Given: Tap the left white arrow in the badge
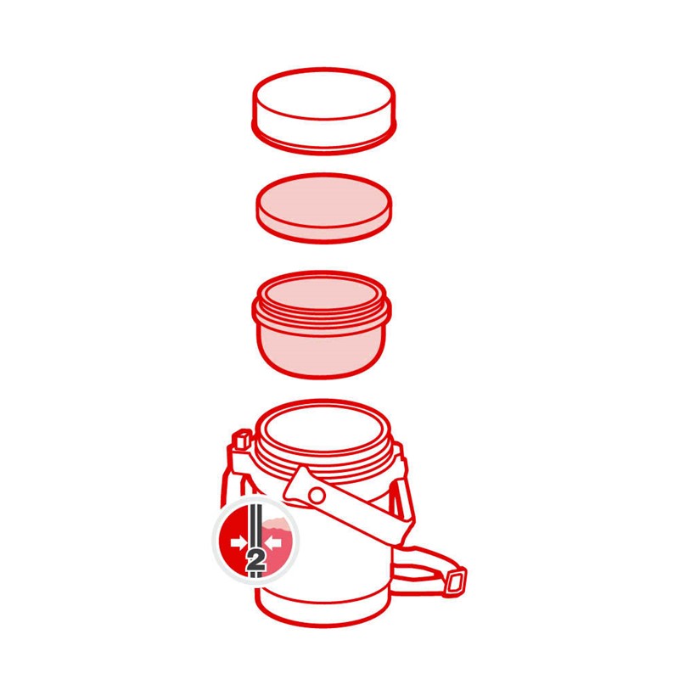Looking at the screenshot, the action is tap(238, 542).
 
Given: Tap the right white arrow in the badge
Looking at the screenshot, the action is tap(272, 542).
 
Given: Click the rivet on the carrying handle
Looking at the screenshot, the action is tap(317, 495).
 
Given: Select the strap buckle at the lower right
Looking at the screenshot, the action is tap(456, 581).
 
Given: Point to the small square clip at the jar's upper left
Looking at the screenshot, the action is tap(243, 439).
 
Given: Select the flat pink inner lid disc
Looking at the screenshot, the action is tap(324, 208).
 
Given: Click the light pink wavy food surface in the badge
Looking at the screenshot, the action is tap(278, 525).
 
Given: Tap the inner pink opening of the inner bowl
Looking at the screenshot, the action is tap(321, 292).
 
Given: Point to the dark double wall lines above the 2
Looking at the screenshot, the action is tap(255, 525).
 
